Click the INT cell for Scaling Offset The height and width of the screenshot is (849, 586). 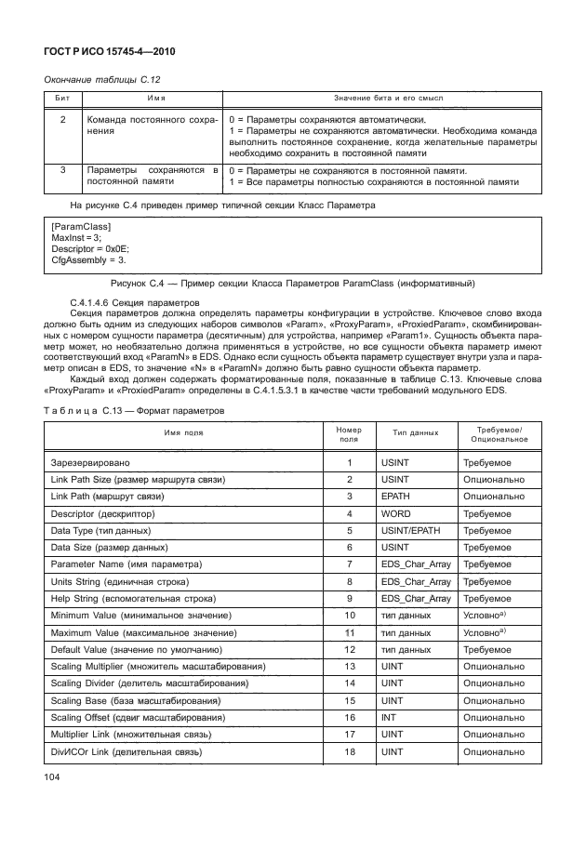[x=388, y=717]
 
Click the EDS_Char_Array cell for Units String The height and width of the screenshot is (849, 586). [x=416, y=581]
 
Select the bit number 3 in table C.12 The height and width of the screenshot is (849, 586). [x=62, y=170]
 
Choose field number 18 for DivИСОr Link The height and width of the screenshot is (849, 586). [x=349, y=750]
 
